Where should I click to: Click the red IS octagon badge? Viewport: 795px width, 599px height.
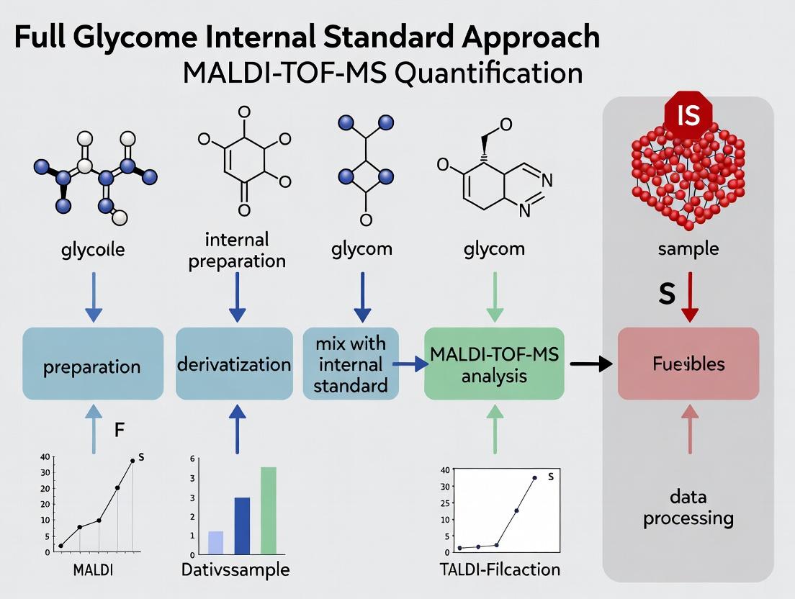[688, 115]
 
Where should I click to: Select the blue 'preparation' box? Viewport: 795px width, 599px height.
[92, 364]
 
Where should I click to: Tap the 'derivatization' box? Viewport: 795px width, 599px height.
[234, 364]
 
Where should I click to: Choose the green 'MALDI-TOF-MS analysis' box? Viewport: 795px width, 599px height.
[495, 364]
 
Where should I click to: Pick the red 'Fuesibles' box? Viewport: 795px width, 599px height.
[688, 364]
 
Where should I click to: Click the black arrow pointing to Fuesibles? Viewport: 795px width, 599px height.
[590, 364]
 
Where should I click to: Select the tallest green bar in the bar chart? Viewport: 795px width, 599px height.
[268, 510]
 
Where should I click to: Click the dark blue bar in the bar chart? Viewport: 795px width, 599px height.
[242, 526]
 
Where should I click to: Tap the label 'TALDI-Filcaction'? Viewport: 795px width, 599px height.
[499, 569]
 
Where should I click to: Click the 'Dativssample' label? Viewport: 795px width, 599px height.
[235, 570]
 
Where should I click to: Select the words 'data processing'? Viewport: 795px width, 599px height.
[688, 507]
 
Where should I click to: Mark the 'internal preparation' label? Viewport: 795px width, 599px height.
[236, 249]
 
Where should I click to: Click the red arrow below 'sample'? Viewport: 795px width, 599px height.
[689, 296]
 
